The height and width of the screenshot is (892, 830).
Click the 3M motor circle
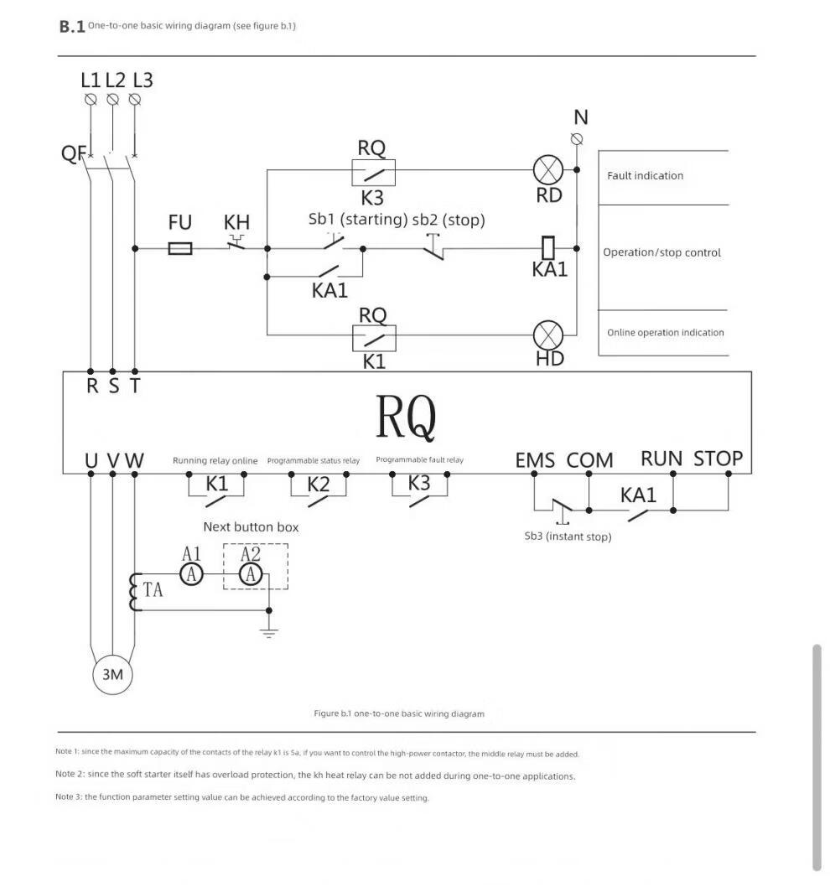[112, 674]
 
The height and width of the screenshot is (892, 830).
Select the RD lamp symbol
[548, 170]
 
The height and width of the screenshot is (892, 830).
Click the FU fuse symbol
[180, 248]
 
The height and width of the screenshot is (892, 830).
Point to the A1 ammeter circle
[191, 573]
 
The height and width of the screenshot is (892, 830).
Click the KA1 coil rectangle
[548, 248]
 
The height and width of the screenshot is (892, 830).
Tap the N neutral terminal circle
[577, 138]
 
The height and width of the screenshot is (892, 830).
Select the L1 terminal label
[91, 80]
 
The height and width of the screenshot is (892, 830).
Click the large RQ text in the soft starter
[406, 417]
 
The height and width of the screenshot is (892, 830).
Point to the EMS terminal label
[535, 460]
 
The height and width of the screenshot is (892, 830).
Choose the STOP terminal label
[718, 459]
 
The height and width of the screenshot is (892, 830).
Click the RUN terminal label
[661, 459]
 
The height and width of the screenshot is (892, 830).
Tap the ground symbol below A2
[268, 632]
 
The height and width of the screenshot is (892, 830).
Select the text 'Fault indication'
[645, 175]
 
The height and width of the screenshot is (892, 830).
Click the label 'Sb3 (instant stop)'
[568, 537]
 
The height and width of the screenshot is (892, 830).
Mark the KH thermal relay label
[236, 223]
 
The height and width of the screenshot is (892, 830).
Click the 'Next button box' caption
[251, 527]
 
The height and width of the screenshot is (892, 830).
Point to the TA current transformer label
[153, 590]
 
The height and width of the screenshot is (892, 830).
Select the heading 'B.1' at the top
[71, 27]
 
